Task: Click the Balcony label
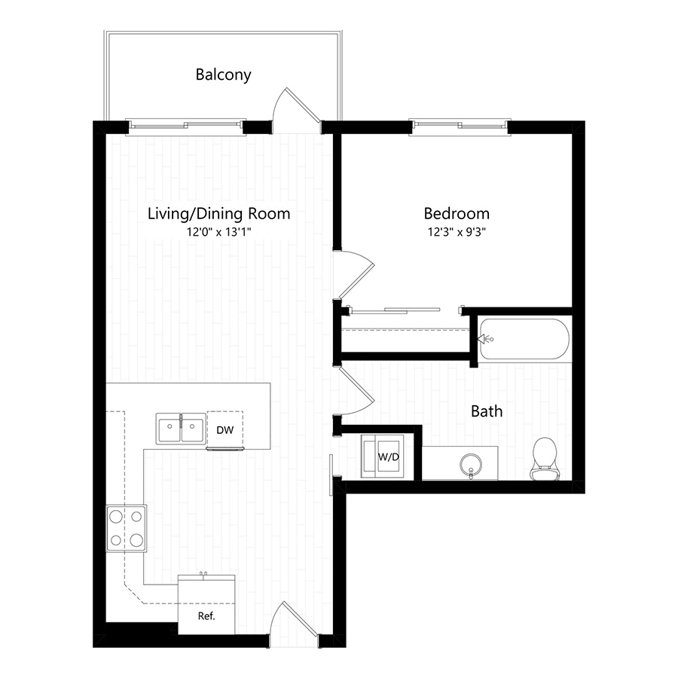pos(223,75)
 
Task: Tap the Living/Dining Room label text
pos(218,214)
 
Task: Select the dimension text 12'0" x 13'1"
pos(218,233)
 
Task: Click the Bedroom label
pos(456,214)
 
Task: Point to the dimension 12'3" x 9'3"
pos(456,233)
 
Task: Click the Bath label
pos(487,411)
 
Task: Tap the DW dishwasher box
pos(224,430)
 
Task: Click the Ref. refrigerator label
pos(206,615)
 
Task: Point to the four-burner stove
pos(126,528)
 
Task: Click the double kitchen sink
pos(181,429)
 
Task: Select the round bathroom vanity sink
pos(471,462)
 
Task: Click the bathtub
pos(524,339)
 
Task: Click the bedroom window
pos(460,125)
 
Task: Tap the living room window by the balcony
pos(185,125)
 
